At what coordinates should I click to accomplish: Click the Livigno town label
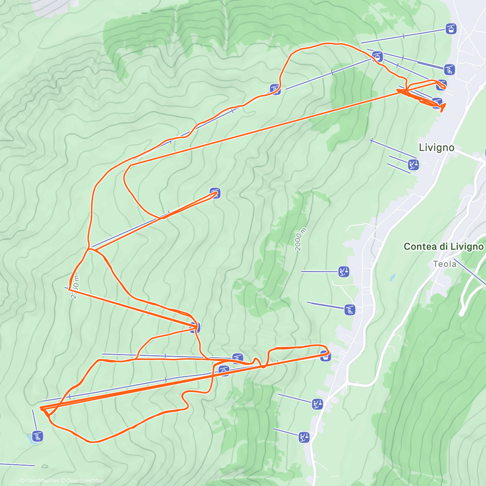pos(436,147)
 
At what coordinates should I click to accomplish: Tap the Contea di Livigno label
pos(443,247)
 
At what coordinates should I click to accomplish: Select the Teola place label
pos(444,264)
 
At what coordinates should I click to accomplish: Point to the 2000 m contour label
pos(300,239)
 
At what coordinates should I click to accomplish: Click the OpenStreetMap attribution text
pos(85,481)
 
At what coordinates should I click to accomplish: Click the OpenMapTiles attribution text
pos(43,481)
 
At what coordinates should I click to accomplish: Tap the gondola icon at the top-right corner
pos(450,29)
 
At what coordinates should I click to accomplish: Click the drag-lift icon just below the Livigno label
pos(413,165)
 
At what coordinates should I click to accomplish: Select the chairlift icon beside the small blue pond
pos(37,436)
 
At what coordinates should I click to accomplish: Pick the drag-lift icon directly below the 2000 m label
pos(343,271)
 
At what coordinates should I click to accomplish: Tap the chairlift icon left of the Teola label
pos(350,310)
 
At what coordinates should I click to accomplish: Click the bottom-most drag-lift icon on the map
pos(304,437)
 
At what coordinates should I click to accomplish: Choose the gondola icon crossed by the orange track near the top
pos(377,56)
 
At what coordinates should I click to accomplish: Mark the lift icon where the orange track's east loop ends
pos(325,356)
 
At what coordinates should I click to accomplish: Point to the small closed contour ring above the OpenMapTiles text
pos(45,466)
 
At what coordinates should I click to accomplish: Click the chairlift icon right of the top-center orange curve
pos(275,89)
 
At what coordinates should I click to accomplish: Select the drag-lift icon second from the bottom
pos(317,403)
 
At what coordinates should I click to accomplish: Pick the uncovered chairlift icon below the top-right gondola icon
pos(449,70)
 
